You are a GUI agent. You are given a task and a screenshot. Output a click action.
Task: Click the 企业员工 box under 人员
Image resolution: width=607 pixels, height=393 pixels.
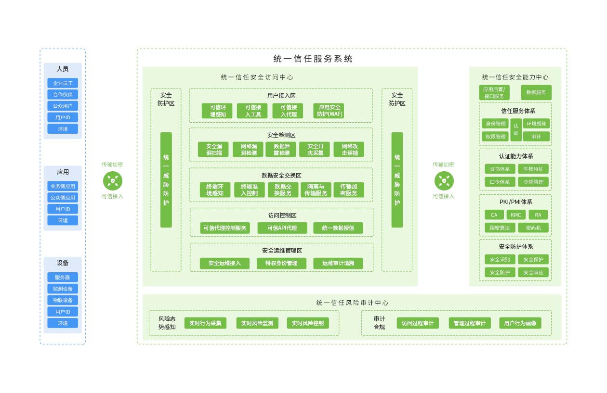pos(63,83)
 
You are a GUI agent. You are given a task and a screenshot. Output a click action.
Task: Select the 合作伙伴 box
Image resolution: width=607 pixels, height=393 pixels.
pos(63,95)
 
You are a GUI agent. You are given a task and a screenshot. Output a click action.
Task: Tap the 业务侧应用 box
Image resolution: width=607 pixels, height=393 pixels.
pos(63,186)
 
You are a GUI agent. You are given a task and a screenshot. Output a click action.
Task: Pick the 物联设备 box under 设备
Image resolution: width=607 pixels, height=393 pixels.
pos(63,300)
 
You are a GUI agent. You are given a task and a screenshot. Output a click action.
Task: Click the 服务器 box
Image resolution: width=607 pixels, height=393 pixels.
pos(63,278)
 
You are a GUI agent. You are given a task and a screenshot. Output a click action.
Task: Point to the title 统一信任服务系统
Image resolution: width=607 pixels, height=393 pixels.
pos(313,59)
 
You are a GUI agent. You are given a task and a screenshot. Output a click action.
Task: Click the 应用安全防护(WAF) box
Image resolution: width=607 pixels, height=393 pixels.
pos(329,111)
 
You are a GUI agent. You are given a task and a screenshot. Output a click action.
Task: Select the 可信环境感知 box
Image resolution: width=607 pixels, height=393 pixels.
pos(217,111)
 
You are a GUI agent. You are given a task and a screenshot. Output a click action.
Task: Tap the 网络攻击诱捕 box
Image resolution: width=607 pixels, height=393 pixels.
pos(349,149)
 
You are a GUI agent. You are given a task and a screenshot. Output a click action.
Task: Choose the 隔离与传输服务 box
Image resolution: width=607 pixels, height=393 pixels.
pos(316,190)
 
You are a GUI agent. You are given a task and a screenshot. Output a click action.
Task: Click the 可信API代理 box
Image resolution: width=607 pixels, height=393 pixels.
pos(282,228)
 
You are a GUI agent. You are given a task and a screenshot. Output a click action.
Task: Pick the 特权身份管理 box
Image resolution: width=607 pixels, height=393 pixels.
pos(282,264)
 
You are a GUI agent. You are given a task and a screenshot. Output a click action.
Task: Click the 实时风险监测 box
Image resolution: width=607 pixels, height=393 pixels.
pos(258,323)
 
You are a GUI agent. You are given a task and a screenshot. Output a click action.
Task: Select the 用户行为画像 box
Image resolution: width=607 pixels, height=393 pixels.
pos(520,323)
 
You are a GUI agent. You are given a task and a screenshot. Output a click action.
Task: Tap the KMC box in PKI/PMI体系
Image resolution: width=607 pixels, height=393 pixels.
pos(516,215)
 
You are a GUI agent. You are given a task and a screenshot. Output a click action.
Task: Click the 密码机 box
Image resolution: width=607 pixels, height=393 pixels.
pos(533,228)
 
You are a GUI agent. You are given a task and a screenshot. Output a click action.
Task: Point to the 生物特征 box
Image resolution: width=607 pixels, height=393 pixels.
pos(533,169)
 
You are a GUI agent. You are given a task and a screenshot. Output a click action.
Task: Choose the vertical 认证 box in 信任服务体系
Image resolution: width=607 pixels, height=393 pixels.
pos(516,130)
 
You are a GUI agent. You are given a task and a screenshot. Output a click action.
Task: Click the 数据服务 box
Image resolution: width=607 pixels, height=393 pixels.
pos(536,92)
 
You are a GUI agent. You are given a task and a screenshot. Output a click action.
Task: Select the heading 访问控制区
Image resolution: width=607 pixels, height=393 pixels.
pos(282,216)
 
